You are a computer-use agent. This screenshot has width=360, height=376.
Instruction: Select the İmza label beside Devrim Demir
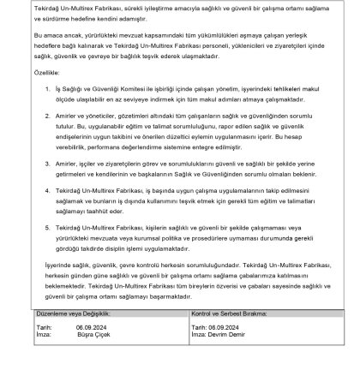coord(198,334)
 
